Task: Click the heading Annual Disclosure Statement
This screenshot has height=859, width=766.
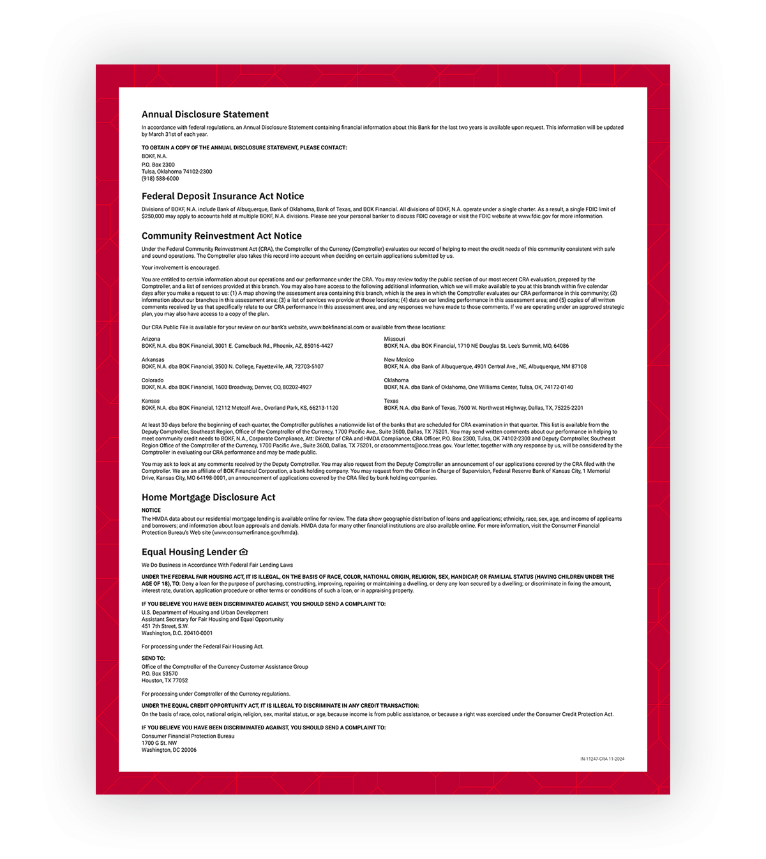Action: coord(205,114)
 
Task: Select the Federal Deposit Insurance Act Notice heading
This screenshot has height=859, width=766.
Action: coord(223,196)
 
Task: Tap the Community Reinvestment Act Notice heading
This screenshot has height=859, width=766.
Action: coord(222,235)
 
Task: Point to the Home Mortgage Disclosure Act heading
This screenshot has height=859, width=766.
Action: coord(209,497)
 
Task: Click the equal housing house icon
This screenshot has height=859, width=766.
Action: coord(243,551)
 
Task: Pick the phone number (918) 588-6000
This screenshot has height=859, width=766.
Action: coord(160,179)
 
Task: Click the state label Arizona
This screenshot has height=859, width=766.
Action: coord(151,339)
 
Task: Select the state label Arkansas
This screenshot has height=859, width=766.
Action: coord(153,359)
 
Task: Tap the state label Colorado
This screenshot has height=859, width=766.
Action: coord(153,380)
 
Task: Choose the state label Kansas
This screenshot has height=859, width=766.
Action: coord(151,401)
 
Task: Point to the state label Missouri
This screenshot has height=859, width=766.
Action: coord(394,339)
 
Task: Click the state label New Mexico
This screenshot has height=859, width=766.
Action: coord(399,359)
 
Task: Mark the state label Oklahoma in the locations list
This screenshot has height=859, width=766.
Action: coord(396,380)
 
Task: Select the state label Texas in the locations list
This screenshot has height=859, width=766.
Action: coord(391,401)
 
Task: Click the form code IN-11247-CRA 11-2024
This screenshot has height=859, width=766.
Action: coord(602,759)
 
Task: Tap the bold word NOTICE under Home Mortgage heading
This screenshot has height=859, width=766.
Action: coord(151,510)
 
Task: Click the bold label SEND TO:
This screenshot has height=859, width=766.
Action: coord(153,658)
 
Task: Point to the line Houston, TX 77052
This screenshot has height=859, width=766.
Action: coord(165,680)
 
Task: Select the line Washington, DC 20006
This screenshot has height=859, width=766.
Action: coord(169,750)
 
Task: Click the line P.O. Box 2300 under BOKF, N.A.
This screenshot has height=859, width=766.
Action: coord(158,165)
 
